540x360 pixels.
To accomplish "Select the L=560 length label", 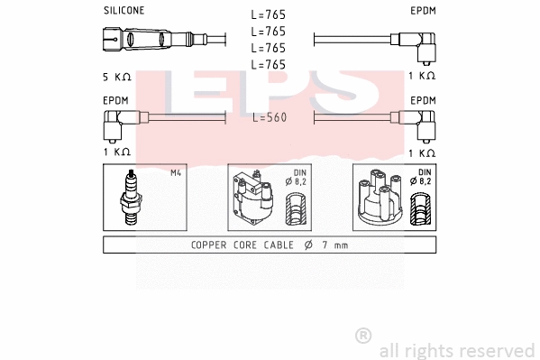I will pyautogui.click(x=269, y=117).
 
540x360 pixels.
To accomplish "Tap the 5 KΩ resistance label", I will pyautogui.click(x=117, y=78).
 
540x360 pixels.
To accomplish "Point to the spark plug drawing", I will pyautogui.click(x=132, y=198).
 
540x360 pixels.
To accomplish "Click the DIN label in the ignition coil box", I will pyautogui.click(x=299, y=172).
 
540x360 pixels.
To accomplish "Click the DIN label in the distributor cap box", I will pyautogui.click(x=424, y=172).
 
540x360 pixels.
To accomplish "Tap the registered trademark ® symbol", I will pyautogui.click(x=364, y=335).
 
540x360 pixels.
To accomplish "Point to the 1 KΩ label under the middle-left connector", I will pyautogui.click(x=117, y=152).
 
